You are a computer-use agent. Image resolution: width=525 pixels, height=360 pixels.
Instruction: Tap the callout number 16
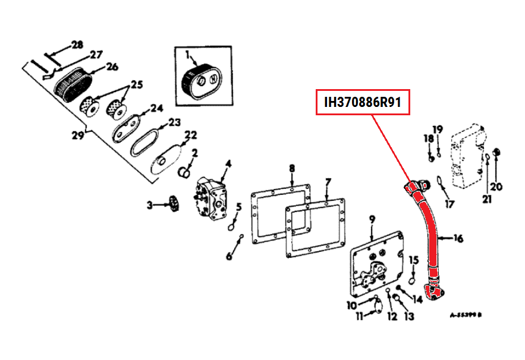tap(458, 239)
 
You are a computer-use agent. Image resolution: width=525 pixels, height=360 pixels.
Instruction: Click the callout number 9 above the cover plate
tap(372, 220)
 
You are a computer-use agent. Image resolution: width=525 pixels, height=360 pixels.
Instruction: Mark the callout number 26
tap(112, 67)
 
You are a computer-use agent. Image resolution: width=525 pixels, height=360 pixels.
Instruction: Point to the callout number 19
tap(438, 130)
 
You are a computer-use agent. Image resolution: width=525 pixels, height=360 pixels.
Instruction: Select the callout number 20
tap(496, 187)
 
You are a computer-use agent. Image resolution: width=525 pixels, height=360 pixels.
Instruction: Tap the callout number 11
tap(359, 316)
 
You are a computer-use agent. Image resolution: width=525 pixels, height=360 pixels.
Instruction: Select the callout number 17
tap(449, 205)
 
